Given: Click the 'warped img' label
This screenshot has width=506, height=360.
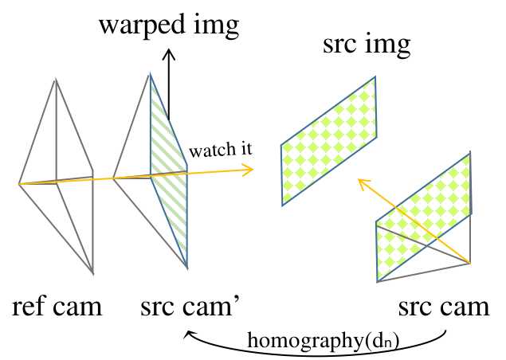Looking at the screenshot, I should (x=168, y=25).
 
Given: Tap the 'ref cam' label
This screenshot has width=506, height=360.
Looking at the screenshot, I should (x=57, y=307).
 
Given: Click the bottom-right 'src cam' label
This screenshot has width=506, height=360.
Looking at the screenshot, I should (x=444, y=307).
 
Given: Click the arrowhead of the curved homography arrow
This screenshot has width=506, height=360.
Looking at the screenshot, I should (x=189, y=335).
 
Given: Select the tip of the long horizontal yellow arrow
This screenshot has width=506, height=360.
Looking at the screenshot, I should (x=252, y=168).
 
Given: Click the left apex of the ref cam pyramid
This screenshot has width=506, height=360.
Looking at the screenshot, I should (x=19, y=184).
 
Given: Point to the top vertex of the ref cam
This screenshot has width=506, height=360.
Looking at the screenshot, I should (x=56, y=78).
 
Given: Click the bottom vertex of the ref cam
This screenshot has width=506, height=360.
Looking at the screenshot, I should (x=93, y=274).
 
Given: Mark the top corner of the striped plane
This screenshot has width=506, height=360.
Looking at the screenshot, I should (x=151, y=75).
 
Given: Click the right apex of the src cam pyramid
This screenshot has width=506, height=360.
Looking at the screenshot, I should (x=471, y=264).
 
